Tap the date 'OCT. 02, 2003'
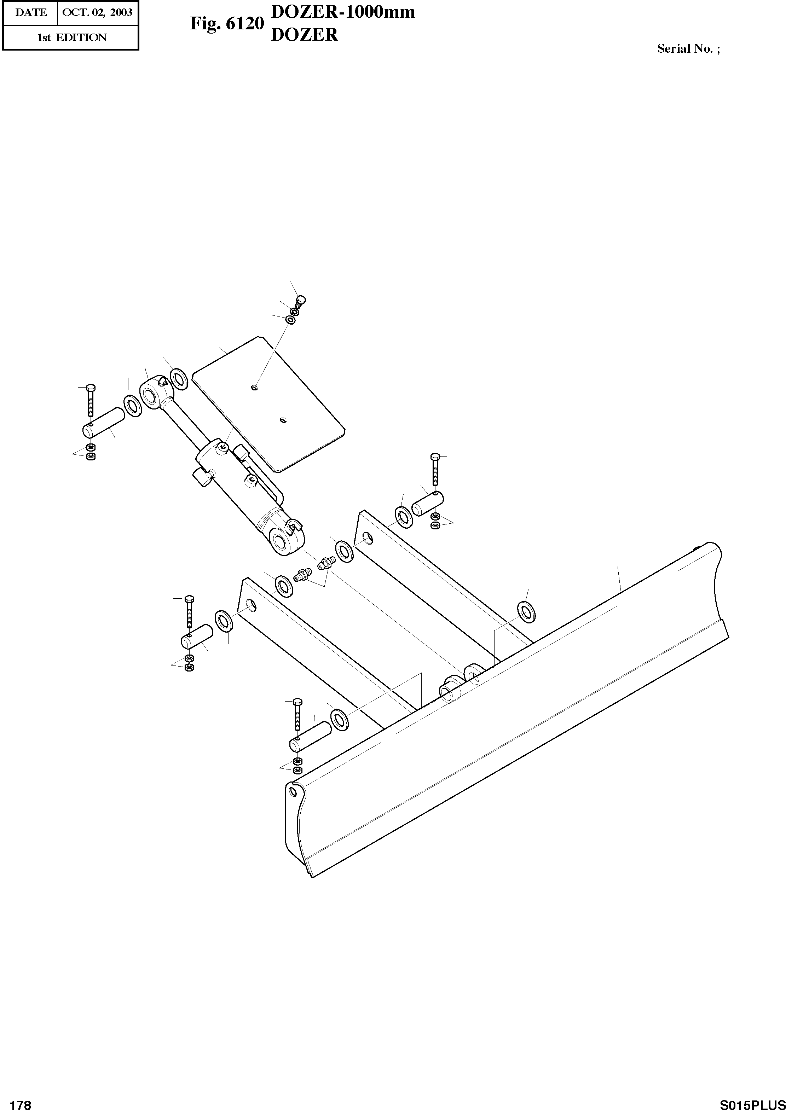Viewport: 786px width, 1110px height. (x=97, y=12)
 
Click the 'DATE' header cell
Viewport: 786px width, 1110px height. (x=31, y=12)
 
